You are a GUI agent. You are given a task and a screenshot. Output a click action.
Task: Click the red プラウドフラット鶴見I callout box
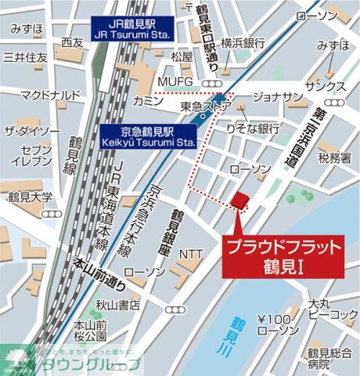coord(285,255)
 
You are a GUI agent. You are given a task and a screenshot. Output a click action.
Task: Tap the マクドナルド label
coord(50,96)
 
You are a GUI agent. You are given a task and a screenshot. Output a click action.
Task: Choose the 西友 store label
coord(72,42)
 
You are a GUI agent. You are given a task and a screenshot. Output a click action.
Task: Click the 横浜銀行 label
coord(245,43)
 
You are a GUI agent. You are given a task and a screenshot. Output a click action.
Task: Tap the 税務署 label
coord(335,157)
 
